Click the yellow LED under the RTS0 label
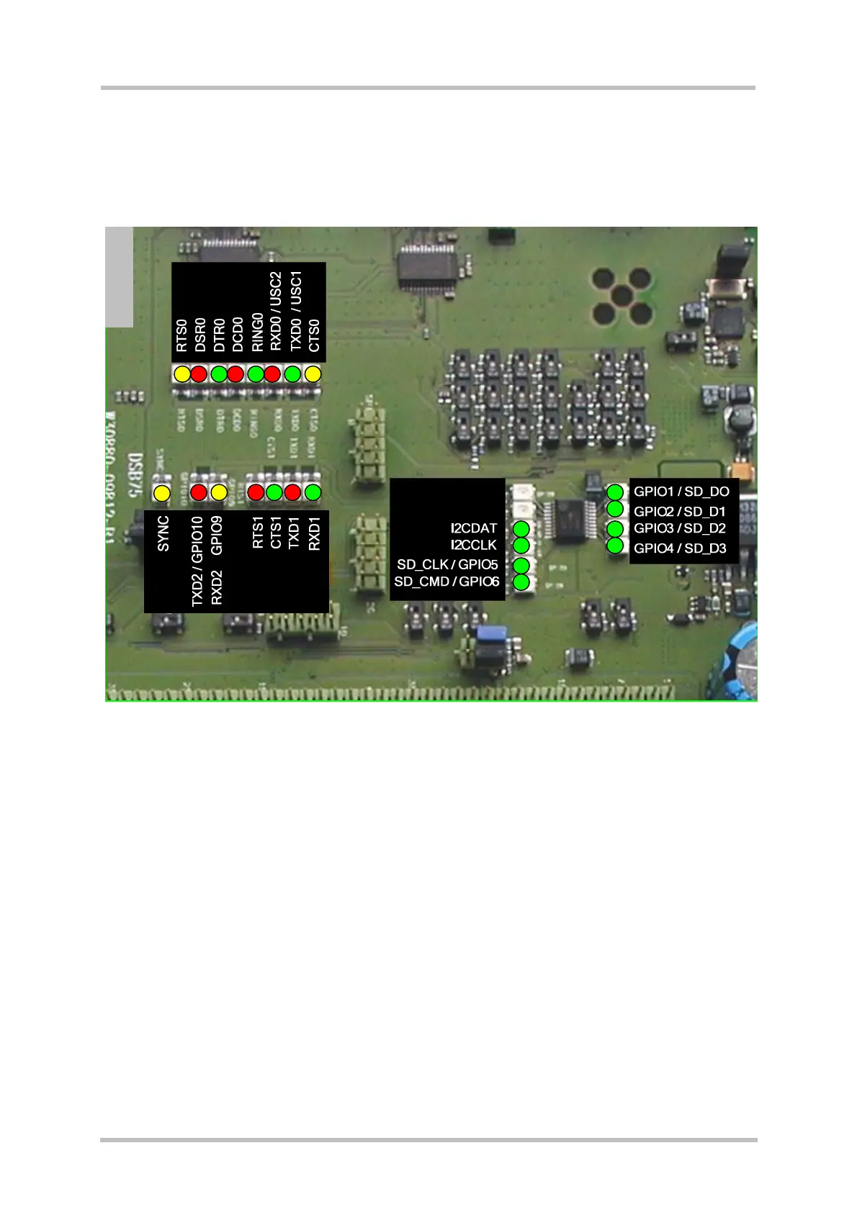(182, 374)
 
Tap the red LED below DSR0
(199, 374)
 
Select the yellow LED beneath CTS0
(313, 374)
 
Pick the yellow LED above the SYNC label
(162, 494)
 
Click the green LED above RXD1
(313, 493)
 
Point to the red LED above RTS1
(256, 493)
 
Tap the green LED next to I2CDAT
(521, 529)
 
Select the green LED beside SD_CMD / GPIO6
(521, 582)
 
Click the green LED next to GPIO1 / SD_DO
(615, 492)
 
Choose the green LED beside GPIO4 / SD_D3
(615, 546)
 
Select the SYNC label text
(163, 533)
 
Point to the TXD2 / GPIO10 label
(197, 561)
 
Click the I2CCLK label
(474, 546)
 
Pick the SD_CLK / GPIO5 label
(447, 564)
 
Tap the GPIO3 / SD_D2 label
(680, 528)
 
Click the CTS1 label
(276, 532)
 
